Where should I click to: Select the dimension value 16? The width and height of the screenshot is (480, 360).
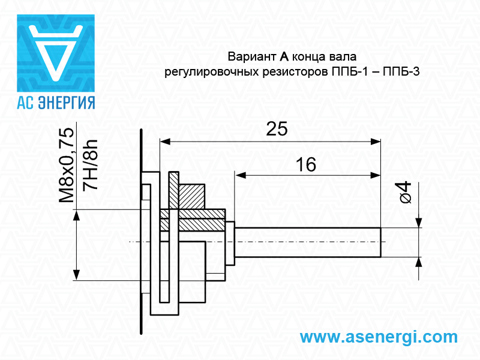click(306, 164)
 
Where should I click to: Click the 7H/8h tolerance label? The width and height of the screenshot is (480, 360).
click(91, 165)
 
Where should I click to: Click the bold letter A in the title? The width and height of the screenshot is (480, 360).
click(284, 57)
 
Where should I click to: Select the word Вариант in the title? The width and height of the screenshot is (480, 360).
click(251, 57)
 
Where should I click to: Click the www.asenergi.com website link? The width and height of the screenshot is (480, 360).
click(378, 337)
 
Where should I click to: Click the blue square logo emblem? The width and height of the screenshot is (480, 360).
click(55, 53)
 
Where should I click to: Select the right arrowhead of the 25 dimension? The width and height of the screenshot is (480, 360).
click(376, 142)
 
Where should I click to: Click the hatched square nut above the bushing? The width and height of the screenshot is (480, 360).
click(192, 196)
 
